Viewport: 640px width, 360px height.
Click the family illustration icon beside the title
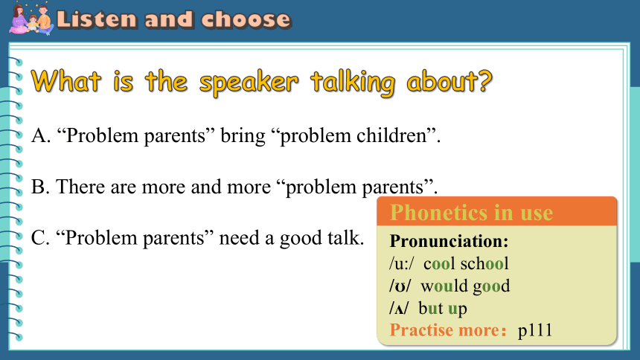click(x=31, y=19)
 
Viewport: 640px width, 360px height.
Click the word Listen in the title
click(x=97, y=19)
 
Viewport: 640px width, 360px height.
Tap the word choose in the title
click(x=246, y=19)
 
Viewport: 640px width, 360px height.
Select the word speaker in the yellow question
click(x=249, y=83)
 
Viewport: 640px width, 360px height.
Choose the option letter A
click(x=41, y=135)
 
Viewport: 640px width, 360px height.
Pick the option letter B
click(x=40, y=187)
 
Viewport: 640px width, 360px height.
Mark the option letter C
click(x=40, y=237)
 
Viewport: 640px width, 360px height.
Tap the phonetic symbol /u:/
click(x=401, y=264)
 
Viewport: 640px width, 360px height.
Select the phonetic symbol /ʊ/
click(x=400, y=286)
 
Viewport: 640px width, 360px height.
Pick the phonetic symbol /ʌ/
click(x=398, y=309)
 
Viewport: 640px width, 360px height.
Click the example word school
click(x=484, y=263)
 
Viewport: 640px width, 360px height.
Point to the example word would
click(x=444, y=286)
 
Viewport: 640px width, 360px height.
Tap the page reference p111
click(x=534, y=330)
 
